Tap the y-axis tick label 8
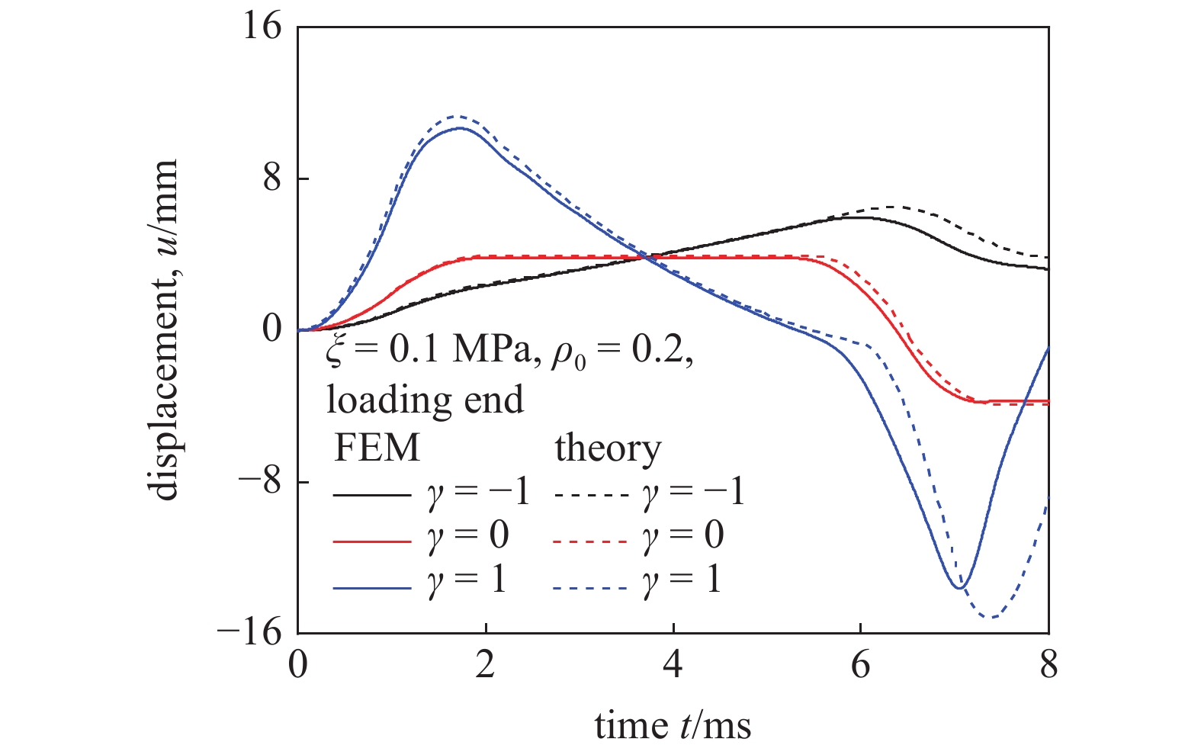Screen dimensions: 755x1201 [272, 179]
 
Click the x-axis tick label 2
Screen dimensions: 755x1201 [485, 665]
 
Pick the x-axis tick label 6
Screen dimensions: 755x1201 [861, 665]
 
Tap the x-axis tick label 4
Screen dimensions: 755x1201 [673, 665]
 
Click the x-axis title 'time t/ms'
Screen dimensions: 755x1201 [673, 725]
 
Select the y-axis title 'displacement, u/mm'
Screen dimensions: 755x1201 [165, 329]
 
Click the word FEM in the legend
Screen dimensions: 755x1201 [377, 448]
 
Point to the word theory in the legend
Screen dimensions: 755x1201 [608, 448]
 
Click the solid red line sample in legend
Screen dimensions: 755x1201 [372, 541]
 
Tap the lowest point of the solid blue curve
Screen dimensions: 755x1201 [960, 587]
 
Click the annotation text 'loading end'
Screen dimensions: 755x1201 [425, 400]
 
